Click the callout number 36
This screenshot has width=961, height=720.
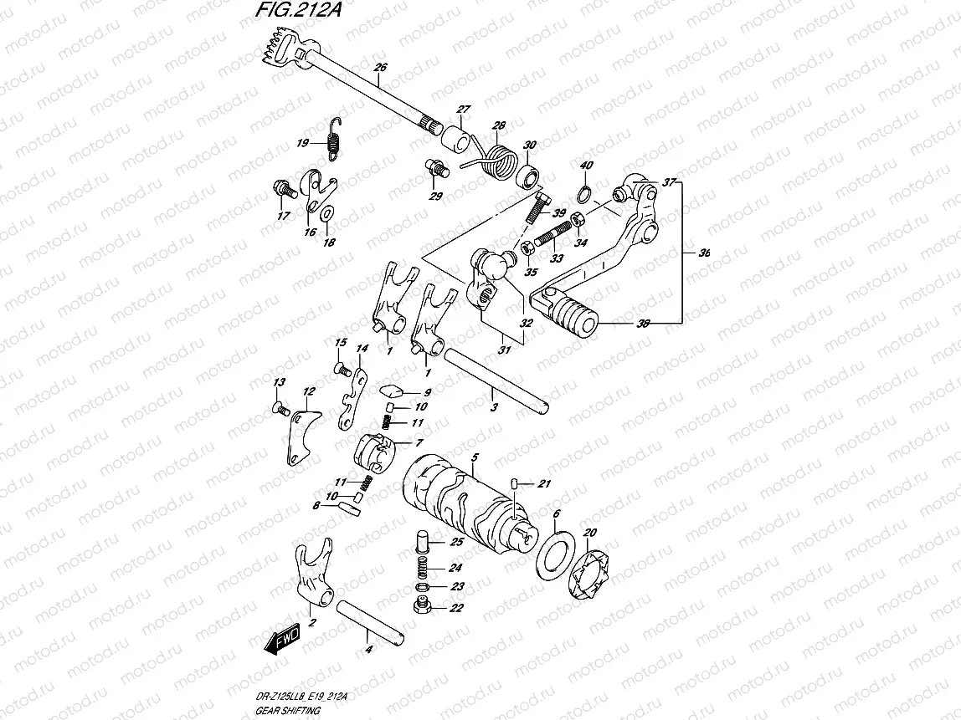[x=705, y=252]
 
